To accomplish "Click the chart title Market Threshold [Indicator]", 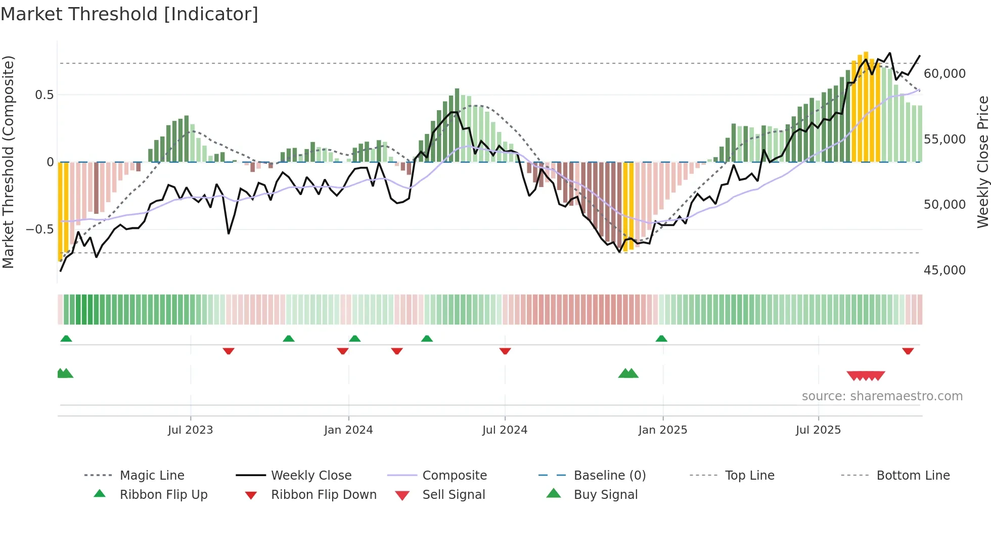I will point(129,14).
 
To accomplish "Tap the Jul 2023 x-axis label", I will point(190,430).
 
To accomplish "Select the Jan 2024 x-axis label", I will point(348,430).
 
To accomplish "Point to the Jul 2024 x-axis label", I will point(505,430).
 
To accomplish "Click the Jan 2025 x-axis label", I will point(662,430).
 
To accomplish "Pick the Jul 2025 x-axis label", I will point(818,430).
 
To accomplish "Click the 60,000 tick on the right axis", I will point(944,74).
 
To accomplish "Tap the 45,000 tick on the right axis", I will point(944,270).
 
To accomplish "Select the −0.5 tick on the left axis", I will point(39,229).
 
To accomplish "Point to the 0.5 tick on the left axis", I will point(44,95).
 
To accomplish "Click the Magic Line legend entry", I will point(152,476).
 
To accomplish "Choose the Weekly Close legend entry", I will point(311,476).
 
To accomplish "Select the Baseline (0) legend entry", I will point(609,476).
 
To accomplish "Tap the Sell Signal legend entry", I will point(454,495).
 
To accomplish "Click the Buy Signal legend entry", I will point(605,495).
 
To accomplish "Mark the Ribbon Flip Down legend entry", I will point(324,495).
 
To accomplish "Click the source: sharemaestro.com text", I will point(882,396).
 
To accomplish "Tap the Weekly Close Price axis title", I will point(982,162).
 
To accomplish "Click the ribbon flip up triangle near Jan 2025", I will point(661,339).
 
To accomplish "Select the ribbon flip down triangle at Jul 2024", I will point(505,351).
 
